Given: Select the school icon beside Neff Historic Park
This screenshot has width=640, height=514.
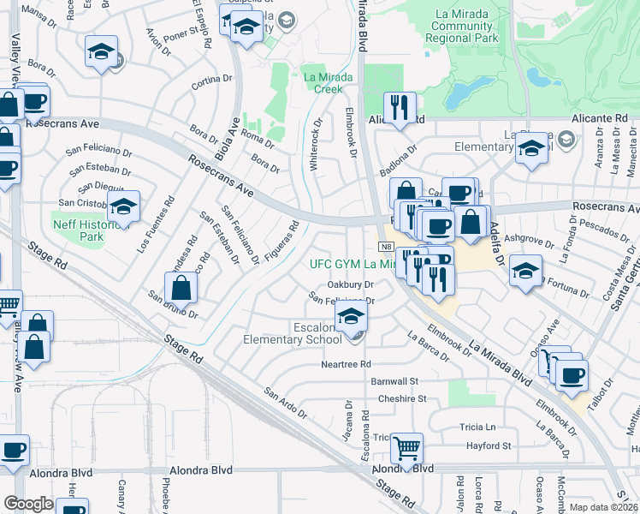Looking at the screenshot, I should point(124,207).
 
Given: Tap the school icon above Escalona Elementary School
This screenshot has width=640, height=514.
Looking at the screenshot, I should point(351,317).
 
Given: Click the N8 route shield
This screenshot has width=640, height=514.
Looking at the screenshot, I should point(386,246).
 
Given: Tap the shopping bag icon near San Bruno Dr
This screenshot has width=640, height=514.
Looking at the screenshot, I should point(181,285).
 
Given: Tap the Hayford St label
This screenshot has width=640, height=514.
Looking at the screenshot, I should point(488,445).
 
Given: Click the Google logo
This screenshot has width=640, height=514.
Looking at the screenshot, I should point(28,503).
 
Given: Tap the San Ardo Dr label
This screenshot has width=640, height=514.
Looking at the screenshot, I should point(285,403).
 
